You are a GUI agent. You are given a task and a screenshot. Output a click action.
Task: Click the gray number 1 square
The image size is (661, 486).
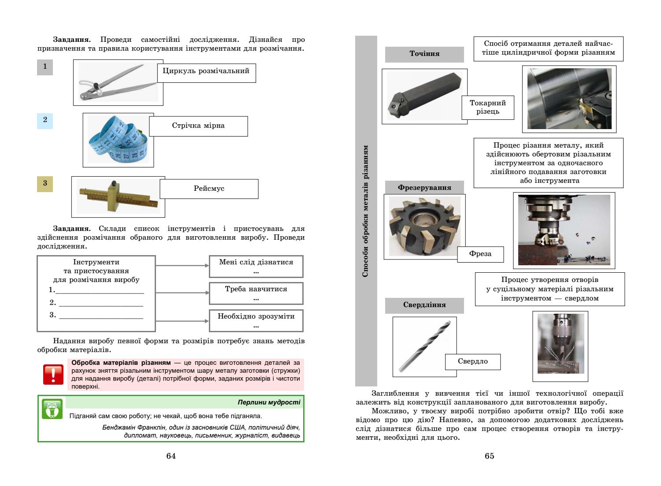point(45,67)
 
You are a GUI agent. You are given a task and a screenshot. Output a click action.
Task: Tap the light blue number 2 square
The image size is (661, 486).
point(45,120)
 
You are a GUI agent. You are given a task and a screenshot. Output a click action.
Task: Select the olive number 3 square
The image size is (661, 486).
point(45,184)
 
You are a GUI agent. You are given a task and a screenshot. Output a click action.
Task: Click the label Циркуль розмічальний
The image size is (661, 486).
point(206,71)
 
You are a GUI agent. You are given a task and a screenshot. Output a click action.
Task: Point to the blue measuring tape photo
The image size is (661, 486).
point(118,140)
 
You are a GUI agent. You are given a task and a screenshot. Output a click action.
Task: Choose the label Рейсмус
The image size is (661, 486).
point(209,189)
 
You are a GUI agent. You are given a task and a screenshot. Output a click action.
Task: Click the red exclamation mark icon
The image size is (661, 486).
point(52,374)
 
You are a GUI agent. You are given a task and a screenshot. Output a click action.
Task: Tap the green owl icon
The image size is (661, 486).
point(52,409)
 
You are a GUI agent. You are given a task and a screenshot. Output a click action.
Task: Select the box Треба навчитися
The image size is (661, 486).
point(256,293)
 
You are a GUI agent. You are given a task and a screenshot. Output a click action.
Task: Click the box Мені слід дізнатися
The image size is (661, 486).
point(256,267)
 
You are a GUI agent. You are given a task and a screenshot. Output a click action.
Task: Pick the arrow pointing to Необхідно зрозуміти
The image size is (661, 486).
point(182,321)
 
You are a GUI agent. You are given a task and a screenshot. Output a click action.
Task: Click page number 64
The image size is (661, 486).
point(171,456)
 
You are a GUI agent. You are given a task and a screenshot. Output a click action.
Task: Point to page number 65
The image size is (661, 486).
point(490,456)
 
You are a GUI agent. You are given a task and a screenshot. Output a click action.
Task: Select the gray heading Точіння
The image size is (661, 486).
point(424,54)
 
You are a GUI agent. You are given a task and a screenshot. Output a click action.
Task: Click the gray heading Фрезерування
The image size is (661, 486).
point(424,188)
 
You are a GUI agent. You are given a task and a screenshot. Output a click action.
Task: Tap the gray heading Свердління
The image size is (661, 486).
point(424,305)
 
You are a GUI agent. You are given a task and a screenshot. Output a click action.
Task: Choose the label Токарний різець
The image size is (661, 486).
point(488,107)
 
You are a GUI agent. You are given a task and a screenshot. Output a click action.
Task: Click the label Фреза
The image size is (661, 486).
point(480,254)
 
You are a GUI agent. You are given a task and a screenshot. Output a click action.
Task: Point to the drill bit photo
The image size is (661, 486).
point(424,347)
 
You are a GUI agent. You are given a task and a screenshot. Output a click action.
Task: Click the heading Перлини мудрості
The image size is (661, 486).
point(269,402)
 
